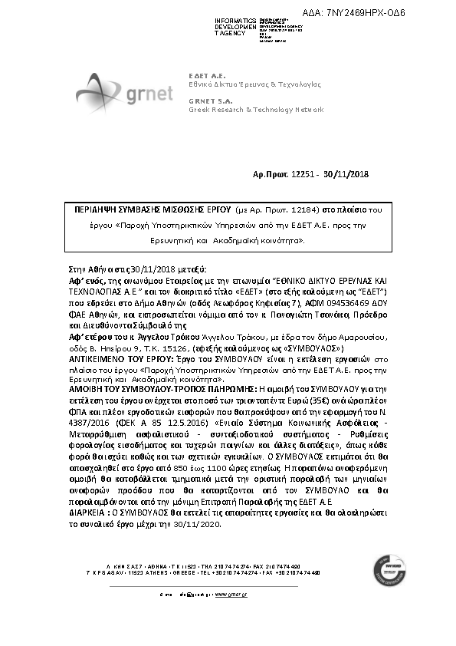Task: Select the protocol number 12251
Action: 302,175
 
